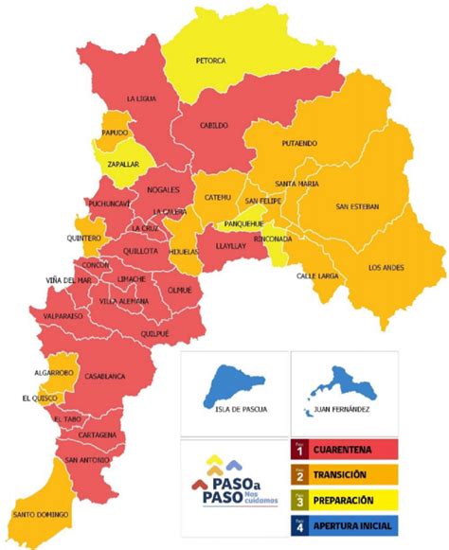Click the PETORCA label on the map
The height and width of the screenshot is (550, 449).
coord(210,61)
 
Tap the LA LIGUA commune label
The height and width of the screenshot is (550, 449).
coord(145,98)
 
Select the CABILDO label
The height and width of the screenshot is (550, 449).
coord(214,125)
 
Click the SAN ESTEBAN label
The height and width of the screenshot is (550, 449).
coord(357,206)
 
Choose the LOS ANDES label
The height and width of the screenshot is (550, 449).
coord(386,267)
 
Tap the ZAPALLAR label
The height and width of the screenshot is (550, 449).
coord(122,164)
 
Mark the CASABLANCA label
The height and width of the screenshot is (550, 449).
coord(105,376)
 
